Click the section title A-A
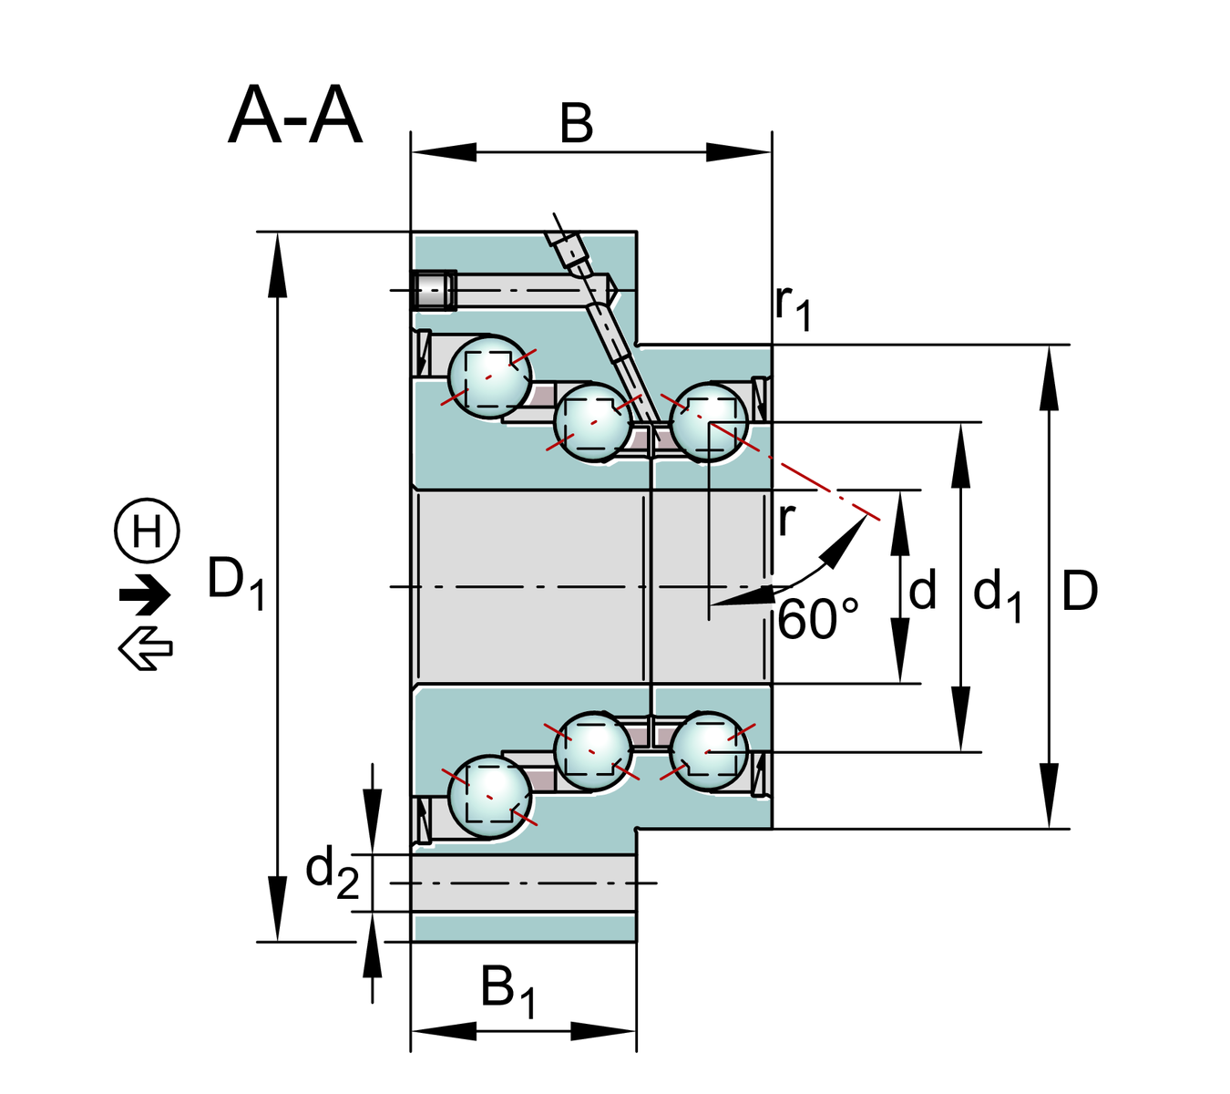click(295, 116)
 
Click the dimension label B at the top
click(576, 123)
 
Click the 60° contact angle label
click(817, 620)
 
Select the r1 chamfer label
click(792, 304)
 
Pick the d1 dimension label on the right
click(997, 595)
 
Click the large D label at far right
click(1080, 592)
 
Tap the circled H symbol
click(147, 531)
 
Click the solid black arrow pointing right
click(145, 595)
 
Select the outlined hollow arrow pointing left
click(145, 648)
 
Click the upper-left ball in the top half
click(489, 377)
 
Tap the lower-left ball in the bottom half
click(489, 796)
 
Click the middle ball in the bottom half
click(592, 750)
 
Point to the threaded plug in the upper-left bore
click(434, 291)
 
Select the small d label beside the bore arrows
click(922, 592)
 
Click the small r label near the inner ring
click(786, 520)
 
